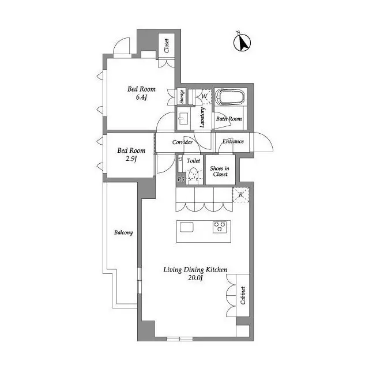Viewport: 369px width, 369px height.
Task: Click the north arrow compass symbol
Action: pos(243,42)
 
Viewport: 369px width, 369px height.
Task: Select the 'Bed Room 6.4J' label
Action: pos(141,93)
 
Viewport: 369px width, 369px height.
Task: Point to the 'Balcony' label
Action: pos(123,233)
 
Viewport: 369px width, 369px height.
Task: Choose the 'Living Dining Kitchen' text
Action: pos(195,269)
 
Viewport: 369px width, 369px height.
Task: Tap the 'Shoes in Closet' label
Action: pos(220,171)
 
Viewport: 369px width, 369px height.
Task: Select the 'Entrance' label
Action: pos(232,141)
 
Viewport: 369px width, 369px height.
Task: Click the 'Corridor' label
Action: pos(182,142)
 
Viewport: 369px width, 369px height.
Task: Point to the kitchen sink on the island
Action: pos(187,227)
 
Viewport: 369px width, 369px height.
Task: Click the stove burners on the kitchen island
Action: pos(220,227)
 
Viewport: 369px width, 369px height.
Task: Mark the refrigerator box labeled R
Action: pos(241,195)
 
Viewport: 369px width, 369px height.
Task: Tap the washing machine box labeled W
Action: pos(205,96)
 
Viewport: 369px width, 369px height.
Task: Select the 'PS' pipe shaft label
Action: pos(180,180)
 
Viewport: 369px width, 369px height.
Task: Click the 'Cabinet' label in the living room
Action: pos(243,295)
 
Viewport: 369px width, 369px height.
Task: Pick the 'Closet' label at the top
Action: pos(167,46)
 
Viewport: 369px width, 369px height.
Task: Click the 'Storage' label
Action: pos(182,96)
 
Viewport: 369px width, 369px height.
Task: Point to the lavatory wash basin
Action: pos(183,119)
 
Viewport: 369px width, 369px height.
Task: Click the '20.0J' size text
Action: pos(194,278)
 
